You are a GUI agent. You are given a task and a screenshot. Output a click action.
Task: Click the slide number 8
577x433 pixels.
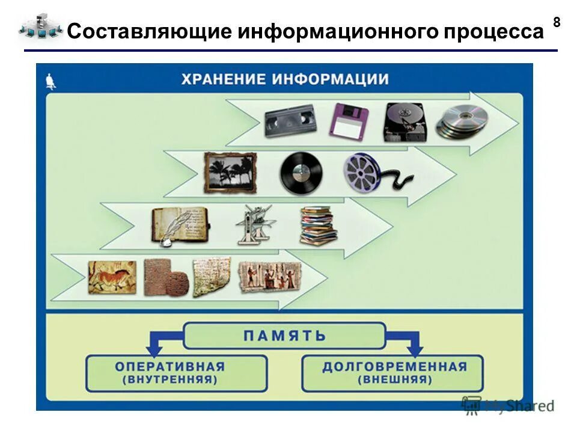click(x=556, y=23)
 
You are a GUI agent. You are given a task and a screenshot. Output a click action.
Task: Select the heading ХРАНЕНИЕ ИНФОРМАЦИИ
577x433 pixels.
click(x=285, y=79)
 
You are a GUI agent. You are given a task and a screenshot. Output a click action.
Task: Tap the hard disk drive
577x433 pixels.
click(x=404, y=121)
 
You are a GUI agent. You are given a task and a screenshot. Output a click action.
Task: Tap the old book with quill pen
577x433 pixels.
click(x=179, y=226)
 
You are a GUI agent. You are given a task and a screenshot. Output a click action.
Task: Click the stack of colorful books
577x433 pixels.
click(x=317, y=225)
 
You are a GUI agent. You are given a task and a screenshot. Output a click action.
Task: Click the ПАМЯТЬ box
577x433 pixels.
click(x=284, y=336)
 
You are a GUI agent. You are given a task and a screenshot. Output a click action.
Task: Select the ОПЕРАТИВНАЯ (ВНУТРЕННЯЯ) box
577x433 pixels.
click(x=177, y=373)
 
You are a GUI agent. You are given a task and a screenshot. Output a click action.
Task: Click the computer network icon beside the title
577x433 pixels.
click(x=40, y=28)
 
